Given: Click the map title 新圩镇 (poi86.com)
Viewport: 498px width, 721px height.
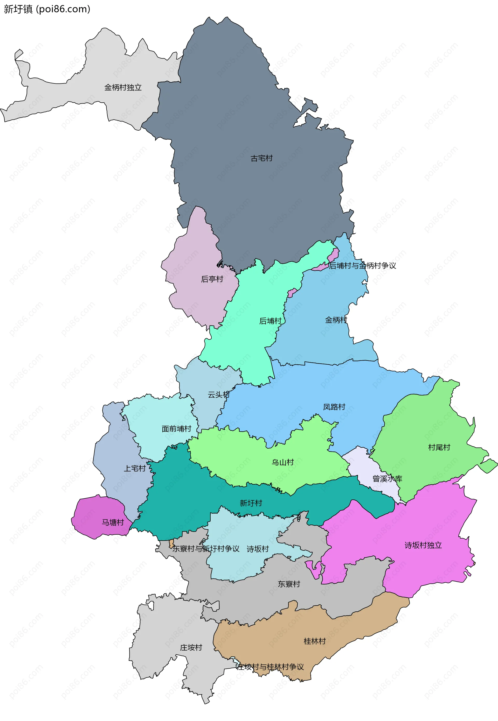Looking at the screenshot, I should tap(47, 9).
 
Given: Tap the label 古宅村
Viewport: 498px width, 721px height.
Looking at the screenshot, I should tap(261, 158).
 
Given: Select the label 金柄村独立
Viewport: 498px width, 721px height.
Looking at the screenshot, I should tap(123, 88).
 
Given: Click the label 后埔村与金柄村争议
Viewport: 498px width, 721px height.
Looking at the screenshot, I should tap(362, 266).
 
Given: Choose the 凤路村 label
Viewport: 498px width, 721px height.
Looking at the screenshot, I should tap(334, 407).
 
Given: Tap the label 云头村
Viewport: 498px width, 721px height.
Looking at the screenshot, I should tap(218, 395).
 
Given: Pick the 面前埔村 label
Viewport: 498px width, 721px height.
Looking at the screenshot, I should tap(176, 429).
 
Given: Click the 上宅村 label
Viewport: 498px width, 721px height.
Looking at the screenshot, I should tap(135, 468).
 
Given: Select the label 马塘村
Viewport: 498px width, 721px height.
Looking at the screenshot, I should tap(113, 522).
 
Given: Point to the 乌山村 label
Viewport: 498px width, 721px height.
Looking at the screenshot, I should tap(282, 462).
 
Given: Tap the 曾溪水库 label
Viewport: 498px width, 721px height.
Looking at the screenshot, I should tap(387, 478).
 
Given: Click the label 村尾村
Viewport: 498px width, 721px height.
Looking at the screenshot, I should tap(439, 447).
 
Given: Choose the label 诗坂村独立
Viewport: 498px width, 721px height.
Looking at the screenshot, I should tap(423, 545).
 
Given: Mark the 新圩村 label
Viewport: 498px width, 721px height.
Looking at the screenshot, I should tap(251, 503).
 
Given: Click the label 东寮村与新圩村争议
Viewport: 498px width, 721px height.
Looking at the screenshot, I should tap(206, 549).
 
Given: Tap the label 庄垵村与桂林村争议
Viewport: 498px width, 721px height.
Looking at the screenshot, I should tap(270, 667).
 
